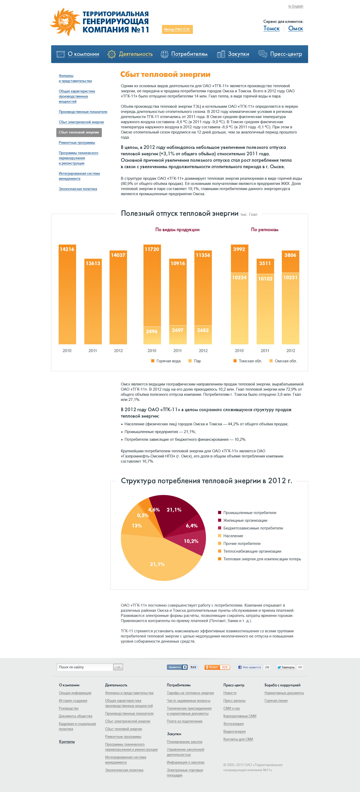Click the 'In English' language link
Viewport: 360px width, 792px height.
tap(295, 6)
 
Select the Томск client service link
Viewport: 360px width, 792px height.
tap(272, 29)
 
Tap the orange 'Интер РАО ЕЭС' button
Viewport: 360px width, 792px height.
tap(177, 30)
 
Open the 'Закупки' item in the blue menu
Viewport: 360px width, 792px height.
tap(238, 54)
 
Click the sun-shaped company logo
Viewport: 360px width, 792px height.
tap(65, 22)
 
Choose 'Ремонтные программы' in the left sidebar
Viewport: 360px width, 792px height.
tap(77, 143)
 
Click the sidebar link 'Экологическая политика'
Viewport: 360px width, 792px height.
tap(78, 189)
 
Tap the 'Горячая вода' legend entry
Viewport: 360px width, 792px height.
tap(168, 361)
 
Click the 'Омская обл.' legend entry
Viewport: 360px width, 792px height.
tap(285, 361)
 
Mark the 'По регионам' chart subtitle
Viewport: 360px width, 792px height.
tap(264, 230)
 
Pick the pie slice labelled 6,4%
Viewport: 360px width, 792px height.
tap(192, 526)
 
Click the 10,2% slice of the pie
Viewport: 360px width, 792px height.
tap(191, 541)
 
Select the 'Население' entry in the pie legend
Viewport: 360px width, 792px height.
tap(233, 536)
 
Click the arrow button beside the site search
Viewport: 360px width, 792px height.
tap(118, 667)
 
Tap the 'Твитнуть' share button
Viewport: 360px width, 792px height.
tap(286, 667)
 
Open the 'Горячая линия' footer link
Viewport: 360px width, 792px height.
tap(276, 701)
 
